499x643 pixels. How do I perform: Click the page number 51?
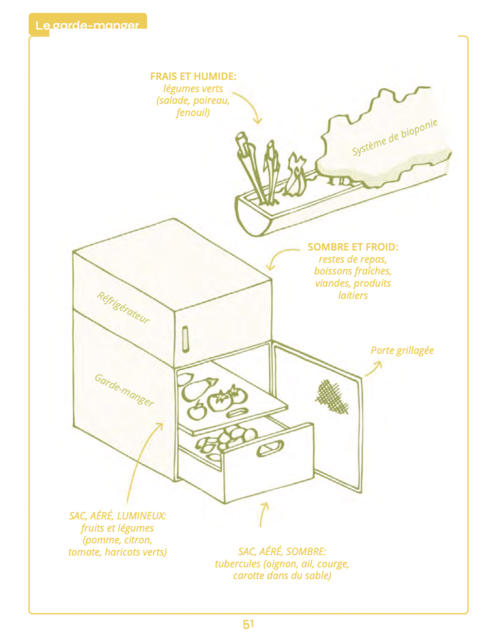click(x=248, y=624)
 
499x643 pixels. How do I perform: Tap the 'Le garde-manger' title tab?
click(x=87, y=25)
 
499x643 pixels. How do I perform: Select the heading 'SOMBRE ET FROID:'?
click(x=352, y=247)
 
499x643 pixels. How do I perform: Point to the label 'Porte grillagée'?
click(x=402, y=350)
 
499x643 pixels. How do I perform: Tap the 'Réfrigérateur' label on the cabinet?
click(x=123, y=307)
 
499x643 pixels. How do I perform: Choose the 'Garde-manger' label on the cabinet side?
click(x=124, y=390)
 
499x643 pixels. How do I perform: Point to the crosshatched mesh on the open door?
click(x=330, y=396)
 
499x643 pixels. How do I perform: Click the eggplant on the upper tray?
click(x=196, y=389)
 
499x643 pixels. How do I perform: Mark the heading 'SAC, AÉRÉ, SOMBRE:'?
click(x=282, y=551)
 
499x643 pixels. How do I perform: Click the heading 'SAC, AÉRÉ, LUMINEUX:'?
click(x=117, y=516)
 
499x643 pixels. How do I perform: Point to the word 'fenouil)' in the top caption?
click(x=193, y=113)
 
